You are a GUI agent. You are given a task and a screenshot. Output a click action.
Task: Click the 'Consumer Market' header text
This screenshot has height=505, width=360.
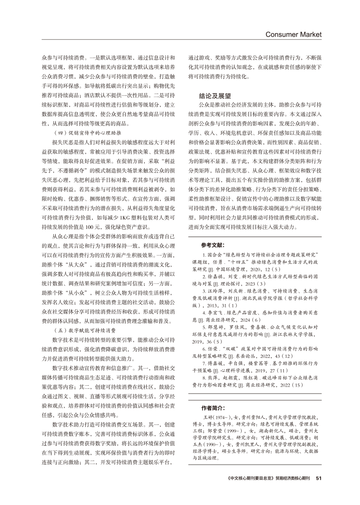click(x=293, y=34)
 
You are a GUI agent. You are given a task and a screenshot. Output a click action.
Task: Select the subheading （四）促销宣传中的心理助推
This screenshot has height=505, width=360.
click(x=86, y=131)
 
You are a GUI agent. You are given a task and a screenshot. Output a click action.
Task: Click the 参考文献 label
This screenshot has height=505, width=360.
click(x=214, y=245)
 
